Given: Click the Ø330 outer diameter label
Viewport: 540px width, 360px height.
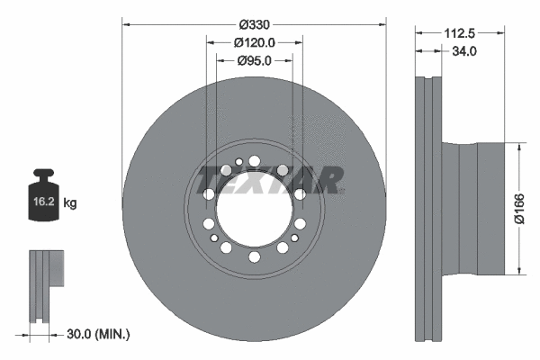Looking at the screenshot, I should pos(255,15).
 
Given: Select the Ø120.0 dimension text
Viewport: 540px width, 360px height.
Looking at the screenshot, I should pos(255,42).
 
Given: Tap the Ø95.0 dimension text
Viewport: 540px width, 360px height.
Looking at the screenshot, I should pos(255,60).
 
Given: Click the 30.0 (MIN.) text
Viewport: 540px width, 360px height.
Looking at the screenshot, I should pos(98,335).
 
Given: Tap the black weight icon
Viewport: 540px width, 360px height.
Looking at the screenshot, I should pos(46,191).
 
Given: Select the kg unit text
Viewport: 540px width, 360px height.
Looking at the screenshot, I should pos(71,203).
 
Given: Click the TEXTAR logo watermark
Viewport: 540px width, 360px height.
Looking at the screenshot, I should pos(270,180).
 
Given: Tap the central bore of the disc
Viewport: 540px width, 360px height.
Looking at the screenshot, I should pos(254,210).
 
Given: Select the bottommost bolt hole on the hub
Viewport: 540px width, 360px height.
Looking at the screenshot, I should pos(254,257).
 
